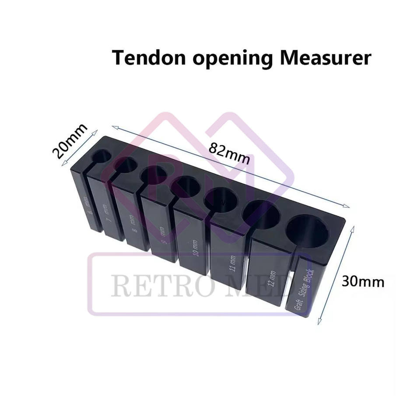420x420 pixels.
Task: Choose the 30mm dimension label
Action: tap(363, 281)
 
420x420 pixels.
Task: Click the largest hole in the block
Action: tap(308, 232)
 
